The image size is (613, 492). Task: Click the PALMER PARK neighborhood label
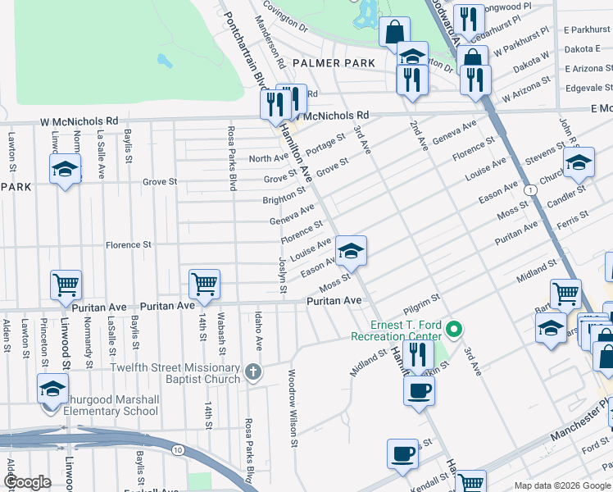[333, 63]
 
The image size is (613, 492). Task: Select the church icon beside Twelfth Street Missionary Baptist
[254, 371]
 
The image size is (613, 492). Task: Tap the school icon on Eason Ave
[351, 250]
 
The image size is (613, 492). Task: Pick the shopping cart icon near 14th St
[203, 284]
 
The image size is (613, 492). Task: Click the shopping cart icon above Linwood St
[66, 284]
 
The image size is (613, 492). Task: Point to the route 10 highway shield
[177, 449]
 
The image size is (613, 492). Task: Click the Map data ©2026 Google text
[562, 485]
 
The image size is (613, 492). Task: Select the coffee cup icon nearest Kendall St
[402, 453]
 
